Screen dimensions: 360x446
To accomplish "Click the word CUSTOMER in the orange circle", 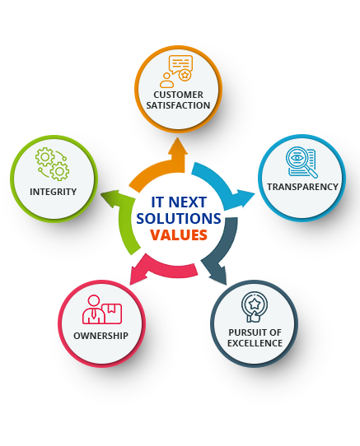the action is (178, 95).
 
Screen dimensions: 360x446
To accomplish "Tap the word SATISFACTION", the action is (178, 105).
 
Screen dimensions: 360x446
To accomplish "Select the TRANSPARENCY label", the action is (303, 187).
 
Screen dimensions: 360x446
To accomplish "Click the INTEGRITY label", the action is (54, 192).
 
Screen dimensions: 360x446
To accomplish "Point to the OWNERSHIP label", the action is (101, 336).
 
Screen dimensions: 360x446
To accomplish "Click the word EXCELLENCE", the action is (255, 343).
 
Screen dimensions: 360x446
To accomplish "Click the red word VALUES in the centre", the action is (179, 235).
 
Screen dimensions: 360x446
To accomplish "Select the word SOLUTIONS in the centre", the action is (179, 218).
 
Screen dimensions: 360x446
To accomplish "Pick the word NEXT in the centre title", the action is (187, 202).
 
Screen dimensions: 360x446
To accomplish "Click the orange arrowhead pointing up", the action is (178, 147).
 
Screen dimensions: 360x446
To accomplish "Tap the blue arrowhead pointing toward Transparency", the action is (245, 197).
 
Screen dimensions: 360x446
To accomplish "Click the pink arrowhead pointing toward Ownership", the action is (138, 276).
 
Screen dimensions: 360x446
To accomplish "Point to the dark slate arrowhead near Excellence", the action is (219, 276).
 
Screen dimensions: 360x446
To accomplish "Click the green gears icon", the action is (53, 164).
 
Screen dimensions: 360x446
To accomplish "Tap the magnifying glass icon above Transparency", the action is (302, 162).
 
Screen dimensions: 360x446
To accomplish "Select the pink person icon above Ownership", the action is (102, 309).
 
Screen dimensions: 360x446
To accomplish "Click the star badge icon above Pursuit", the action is (255, 307).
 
